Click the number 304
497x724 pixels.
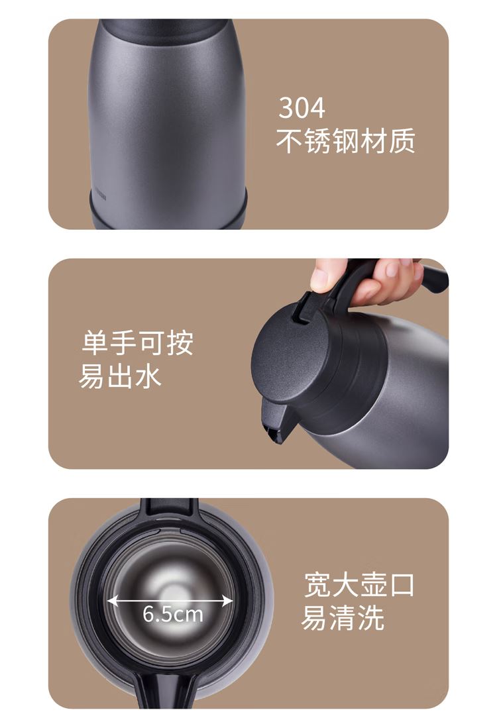click(x=302, y=107)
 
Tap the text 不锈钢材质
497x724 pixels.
click(x=345, y=141)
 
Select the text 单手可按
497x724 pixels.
click(x=137, y=342)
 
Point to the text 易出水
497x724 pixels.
click(x=120, y=376)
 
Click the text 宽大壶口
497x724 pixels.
click(x=359, y=584)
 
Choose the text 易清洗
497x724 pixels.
click(x=343, y=618)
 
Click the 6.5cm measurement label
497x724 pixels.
click(x=173, y=614)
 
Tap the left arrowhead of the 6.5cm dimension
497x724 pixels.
click(x=112, y=601)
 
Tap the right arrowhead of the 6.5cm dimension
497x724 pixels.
click(x=229, y=601)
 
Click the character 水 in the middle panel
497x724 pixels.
click(x=148, y=376)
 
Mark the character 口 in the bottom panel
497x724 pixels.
click(x=402, y=584)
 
